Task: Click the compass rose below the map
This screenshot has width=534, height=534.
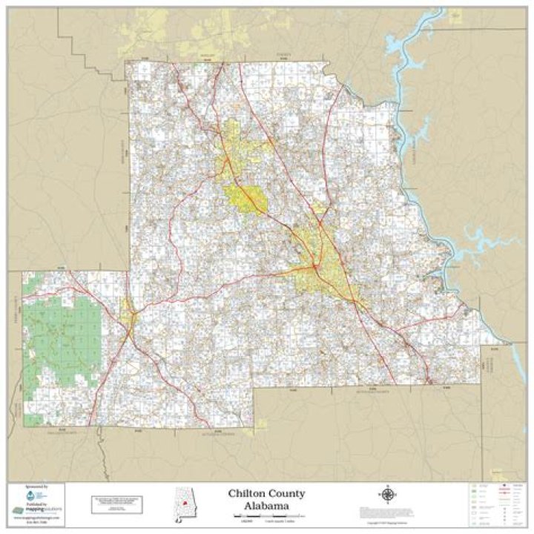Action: click(x=386, y=494)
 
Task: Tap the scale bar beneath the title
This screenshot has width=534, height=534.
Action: click(x=267, y=515)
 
